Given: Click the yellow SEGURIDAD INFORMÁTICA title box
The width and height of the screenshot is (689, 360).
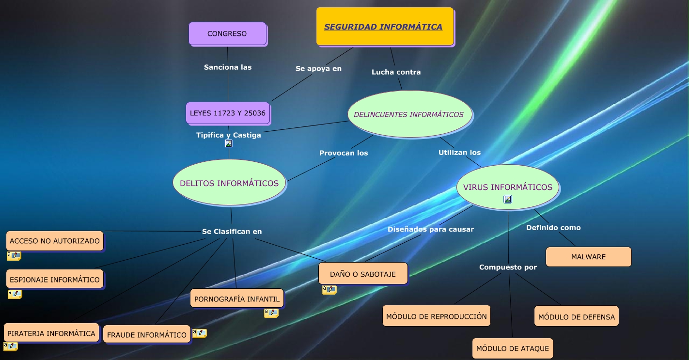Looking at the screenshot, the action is point(385,27).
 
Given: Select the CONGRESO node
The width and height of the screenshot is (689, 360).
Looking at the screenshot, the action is point(227,33).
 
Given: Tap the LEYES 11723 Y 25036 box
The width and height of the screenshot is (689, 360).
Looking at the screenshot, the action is point(228,113).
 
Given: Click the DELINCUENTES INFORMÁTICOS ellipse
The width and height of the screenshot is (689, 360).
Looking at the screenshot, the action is point(409,114).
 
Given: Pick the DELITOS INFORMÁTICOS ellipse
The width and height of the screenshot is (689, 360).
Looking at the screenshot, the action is point(229,183).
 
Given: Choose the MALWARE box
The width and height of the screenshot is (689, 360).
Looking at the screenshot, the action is point(588,257).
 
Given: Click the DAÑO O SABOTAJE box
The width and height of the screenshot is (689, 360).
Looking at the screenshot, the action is point(363,274).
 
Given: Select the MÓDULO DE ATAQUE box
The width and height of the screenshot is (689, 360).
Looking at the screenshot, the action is point(513,348).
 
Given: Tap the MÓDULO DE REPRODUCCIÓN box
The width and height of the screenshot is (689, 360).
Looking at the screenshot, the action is point(436,316).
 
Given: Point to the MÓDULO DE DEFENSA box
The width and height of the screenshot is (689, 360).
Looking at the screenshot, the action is point(577,317).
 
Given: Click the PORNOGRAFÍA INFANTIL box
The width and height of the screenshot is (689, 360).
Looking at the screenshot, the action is point(237,299).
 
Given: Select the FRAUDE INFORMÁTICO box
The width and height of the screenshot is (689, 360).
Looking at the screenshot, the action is point(147,335).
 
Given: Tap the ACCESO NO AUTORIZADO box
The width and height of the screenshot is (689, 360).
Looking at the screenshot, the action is point(55,241).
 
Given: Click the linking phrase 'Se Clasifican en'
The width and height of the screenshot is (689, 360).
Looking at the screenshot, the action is point(232,232).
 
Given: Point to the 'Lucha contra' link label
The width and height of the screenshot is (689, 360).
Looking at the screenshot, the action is point(396,72).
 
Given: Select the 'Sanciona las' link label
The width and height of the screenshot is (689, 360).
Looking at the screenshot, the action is point(228,67).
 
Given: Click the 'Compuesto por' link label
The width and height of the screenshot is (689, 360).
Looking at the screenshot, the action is point(508,267).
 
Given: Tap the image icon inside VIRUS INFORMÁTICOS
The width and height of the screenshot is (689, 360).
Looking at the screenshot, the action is point(508,199).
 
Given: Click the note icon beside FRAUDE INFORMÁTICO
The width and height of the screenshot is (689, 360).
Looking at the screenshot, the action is point(200,333).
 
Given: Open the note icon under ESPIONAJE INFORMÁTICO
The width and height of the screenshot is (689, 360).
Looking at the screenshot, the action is point(15,294).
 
